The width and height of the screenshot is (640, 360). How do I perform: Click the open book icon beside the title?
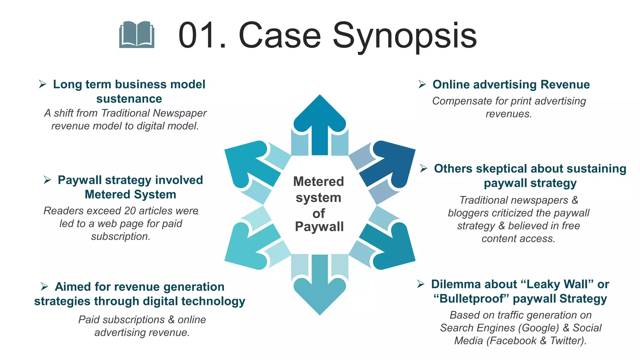pyautogui.click(x=137, y=35)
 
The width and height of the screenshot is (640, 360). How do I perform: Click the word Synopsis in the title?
pyautogui.click(x=405, y=36)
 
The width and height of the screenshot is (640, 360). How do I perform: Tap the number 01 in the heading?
pyautogui.click(x=197, y=35)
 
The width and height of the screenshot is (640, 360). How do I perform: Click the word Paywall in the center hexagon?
pyautogui.click(x=319, y=227)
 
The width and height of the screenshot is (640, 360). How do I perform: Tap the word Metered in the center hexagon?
pyautogui.click(x=318, y=182)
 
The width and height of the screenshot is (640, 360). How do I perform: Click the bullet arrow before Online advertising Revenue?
pyautogui.click(x=422, y=84)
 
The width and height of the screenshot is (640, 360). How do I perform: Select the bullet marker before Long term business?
pyautogui.click(x=43, y=84)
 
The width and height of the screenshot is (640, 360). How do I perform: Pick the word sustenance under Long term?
pyautogui.click(x=129, y=99)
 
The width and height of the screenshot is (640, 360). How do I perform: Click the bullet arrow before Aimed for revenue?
pyautogui.click(x=44, y=286)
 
